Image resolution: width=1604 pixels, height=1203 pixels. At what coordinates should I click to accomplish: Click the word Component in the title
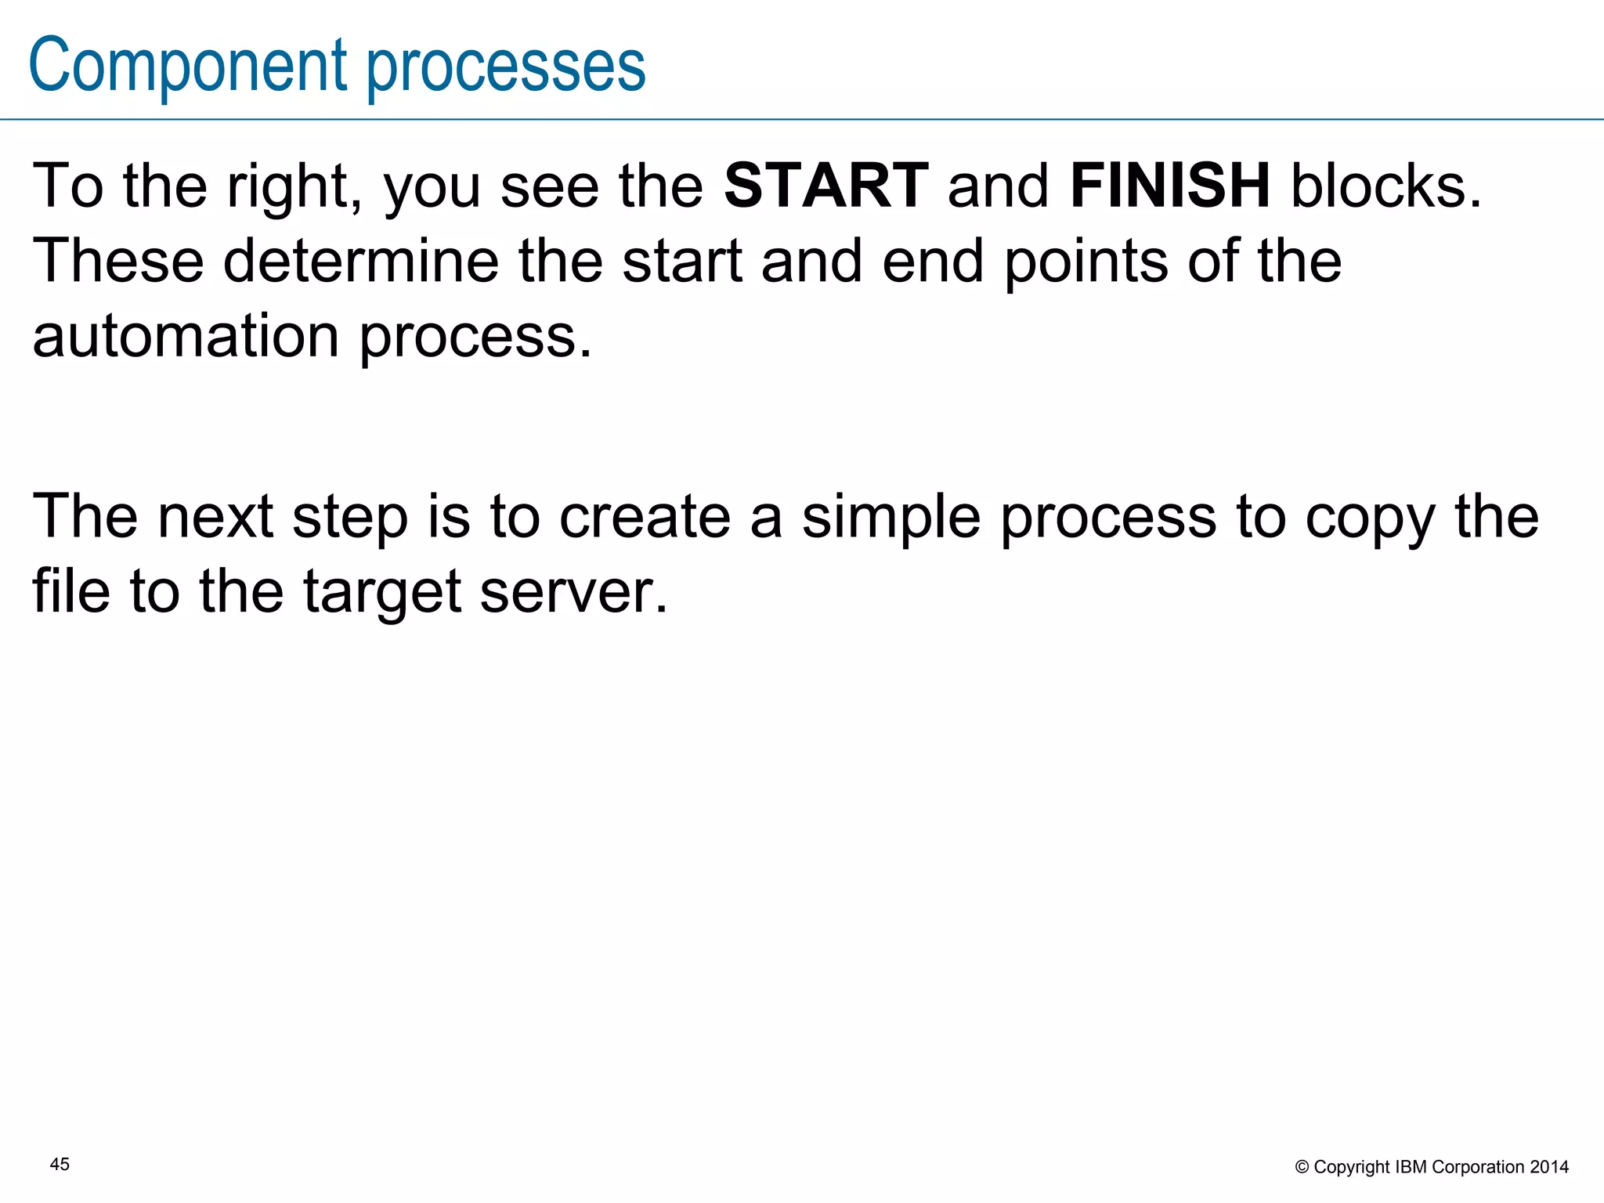188,66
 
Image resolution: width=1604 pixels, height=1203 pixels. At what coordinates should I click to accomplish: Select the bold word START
826,186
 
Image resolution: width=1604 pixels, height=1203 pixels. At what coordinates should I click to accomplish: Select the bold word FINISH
1170,186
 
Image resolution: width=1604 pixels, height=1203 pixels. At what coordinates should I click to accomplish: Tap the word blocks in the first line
1386,186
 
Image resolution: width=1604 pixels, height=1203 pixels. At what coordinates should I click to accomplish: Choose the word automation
186,336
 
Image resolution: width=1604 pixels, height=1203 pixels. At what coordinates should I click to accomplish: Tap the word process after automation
476,338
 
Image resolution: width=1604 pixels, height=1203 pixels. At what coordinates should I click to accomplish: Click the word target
381,592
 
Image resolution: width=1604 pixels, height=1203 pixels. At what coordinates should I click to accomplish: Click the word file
71,591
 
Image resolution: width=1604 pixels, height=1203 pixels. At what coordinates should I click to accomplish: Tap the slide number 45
60,1165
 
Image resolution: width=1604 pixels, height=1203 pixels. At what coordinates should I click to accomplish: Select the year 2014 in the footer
1549,1167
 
